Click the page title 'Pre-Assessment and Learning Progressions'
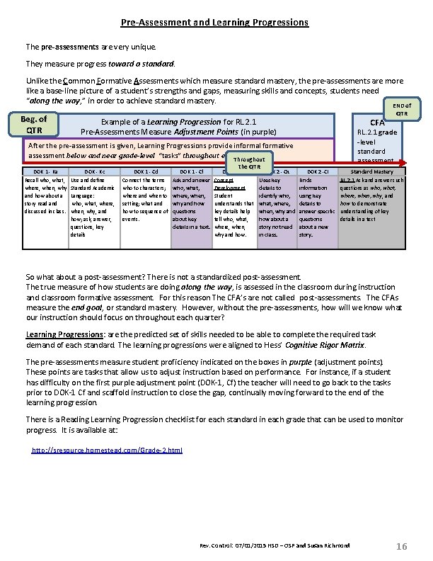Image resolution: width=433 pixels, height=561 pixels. pos(214,23)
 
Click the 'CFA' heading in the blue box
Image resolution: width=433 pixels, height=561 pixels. pos(377,123)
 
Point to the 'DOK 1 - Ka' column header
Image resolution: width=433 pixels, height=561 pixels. pos(45,172)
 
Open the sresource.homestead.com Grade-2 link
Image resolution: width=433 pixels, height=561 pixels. pos(108,450)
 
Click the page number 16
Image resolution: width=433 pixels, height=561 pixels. pos(401,545)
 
